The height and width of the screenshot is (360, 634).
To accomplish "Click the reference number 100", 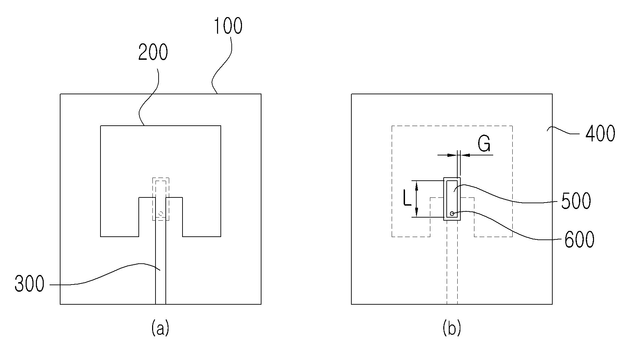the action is [228, 26].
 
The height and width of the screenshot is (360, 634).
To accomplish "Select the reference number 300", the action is [29, 284].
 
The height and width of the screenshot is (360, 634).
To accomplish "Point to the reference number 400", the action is [601, 134].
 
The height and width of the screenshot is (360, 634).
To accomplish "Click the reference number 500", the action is [576, 201].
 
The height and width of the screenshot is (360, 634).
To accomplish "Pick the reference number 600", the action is [579, 239].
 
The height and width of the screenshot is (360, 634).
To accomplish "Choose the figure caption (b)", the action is [451, 329].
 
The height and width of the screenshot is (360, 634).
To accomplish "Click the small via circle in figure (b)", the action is [452, 213].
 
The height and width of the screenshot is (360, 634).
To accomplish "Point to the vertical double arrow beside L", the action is [416, 199].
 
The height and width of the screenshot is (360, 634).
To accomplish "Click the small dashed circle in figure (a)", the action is [161, 214].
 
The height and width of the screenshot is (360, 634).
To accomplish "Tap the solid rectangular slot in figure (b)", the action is [452, 199].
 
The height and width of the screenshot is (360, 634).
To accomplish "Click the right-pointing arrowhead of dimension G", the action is [453, 155].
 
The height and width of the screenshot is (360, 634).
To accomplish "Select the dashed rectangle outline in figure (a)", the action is [161, 199].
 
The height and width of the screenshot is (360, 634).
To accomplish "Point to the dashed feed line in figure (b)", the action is [452, 262].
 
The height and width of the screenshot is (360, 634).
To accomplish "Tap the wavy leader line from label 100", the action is [222, 65].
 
